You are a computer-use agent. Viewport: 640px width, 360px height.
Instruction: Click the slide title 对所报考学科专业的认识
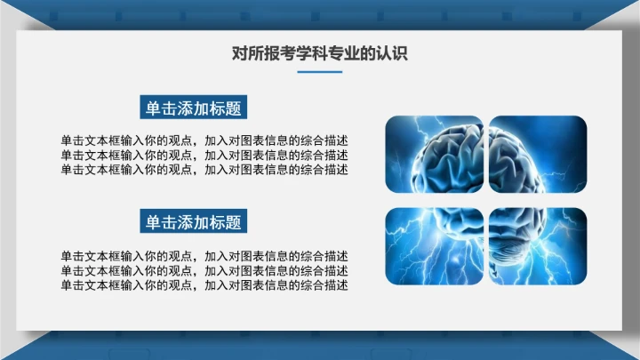pyautogui.click(x=319, y=53)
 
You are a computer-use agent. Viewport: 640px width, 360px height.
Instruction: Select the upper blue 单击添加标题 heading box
pyautogui.click(x=193, y=108)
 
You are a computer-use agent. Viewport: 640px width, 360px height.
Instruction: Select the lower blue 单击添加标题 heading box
pyautogui.click(x=193, y=221)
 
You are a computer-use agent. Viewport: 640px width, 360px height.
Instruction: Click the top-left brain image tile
pyautogui.click(x=434, y=154)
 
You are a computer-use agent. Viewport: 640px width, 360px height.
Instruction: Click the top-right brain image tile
pyautogui.click(x=538, y=154)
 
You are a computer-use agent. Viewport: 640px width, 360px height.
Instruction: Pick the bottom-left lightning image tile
pyautogui.click(x=434, y=246)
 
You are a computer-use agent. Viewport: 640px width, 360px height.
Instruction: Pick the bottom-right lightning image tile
pyautogui.click(x=538, y=246)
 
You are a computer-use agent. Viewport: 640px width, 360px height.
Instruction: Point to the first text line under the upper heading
pyautogui.click(x=204, y=140)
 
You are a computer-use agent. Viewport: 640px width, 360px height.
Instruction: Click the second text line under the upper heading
pyautogui.click(x=204, y=155)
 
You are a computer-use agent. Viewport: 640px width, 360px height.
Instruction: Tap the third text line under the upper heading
pyautogui.click(x=204, y=169)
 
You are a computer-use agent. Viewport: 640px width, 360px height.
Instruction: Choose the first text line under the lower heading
pyautogui.click(x=204, y=256)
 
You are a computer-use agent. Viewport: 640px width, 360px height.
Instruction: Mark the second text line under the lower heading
pyautogui.click(x=204, y=270)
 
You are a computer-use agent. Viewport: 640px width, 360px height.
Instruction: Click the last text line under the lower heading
pyautogui.click(x=204, y=284)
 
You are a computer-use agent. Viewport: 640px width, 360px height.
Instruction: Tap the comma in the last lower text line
pyautogui.click(x=196, y=287)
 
